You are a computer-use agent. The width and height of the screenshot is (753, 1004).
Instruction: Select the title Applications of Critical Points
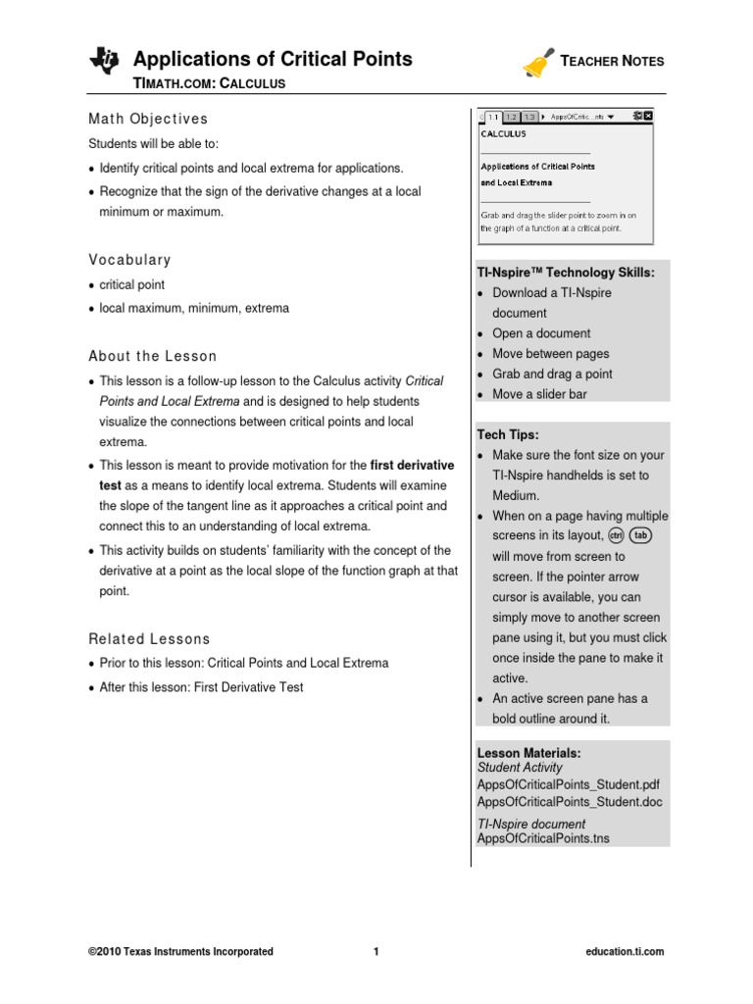pyautogui.click(x=273, y=59)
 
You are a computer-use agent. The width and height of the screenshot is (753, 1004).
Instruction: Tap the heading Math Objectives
pyautogui.click(x=148, y=119)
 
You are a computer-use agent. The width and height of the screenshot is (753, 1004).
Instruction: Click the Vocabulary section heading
pyautogui.click(x=129, y=260)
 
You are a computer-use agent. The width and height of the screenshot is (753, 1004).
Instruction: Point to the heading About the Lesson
pyautogui.click(x=152, y=356)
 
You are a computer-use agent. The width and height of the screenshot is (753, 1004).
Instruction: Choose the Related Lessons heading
pyautogui.click(x=149, y=638)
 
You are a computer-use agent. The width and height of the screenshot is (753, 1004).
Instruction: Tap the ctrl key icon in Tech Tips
pyautogui.click(x=616, y=535)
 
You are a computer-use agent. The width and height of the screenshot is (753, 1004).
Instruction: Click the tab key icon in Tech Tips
pyautogui.click(x=639, y=535)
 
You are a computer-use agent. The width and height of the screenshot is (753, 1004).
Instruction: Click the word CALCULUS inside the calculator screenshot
pyautogui.click(x=503, y=132)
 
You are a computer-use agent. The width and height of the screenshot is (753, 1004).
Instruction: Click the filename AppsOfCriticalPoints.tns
pyautogui.click(x=542, y=839)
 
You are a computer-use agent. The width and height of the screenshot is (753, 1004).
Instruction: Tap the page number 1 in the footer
pyautogui.click(x=376, y=951)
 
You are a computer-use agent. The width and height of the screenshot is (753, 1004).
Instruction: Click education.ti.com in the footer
pyautogui.click(x=625, y=951)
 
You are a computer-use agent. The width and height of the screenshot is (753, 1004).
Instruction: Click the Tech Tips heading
pyautogui.click(x=507, y=434)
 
